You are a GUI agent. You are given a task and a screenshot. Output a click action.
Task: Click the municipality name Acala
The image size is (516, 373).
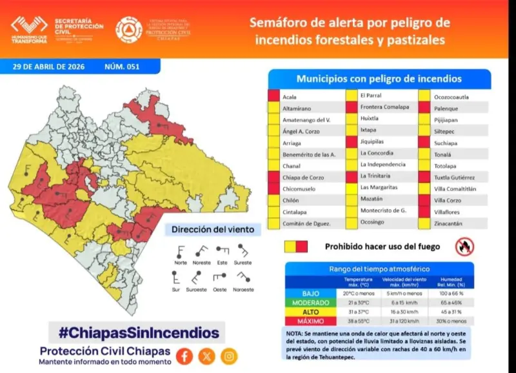coord(290,97)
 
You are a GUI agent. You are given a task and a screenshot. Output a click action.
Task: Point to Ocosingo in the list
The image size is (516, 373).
coord(373,222)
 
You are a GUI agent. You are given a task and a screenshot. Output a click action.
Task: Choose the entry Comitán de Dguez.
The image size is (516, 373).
coord(307,223)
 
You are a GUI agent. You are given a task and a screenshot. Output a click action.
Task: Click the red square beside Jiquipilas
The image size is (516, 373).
coord(351,141)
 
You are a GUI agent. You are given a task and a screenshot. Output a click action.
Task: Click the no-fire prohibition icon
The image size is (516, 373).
coord(464,246)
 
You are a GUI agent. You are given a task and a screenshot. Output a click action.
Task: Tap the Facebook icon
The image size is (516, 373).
coord(184,356)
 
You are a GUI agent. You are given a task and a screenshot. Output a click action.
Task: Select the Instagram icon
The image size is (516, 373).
coord(229,356)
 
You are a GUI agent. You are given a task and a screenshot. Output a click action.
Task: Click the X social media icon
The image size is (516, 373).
coord(206,356)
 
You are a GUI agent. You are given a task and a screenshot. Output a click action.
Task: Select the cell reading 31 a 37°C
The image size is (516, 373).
coord(357,312)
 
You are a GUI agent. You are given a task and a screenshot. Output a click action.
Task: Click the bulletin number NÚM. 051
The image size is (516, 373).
coord(121,66)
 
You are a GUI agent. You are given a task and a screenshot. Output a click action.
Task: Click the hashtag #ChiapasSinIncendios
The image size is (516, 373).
coord(139,333)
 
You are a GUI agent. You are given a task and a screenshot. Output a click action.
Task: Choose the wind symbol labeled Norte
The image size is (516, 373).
coord(181,250)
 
